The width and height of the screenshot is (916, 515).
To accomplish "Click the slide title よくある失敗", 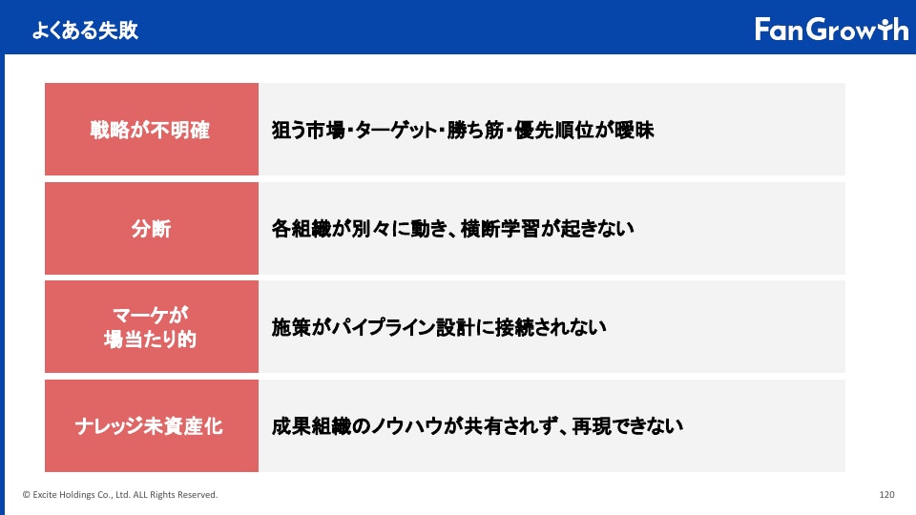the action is (85, 31).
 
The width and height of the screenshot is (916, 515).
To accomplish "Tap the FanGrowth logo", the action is (831, 30).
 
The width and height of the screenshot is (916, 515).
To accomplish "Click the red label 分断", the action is (152, 228).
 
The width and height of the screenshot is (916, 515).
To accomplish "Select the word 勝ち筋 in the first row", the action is (475, 131).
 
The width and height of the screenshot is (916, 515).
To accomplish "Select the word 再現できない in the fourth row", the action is (628, 426).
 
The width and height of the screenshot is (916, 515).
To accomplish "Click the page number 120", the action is (886, 495).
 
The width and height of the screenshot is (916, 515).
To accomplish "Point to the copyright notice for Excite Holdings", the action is (120, 495).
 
